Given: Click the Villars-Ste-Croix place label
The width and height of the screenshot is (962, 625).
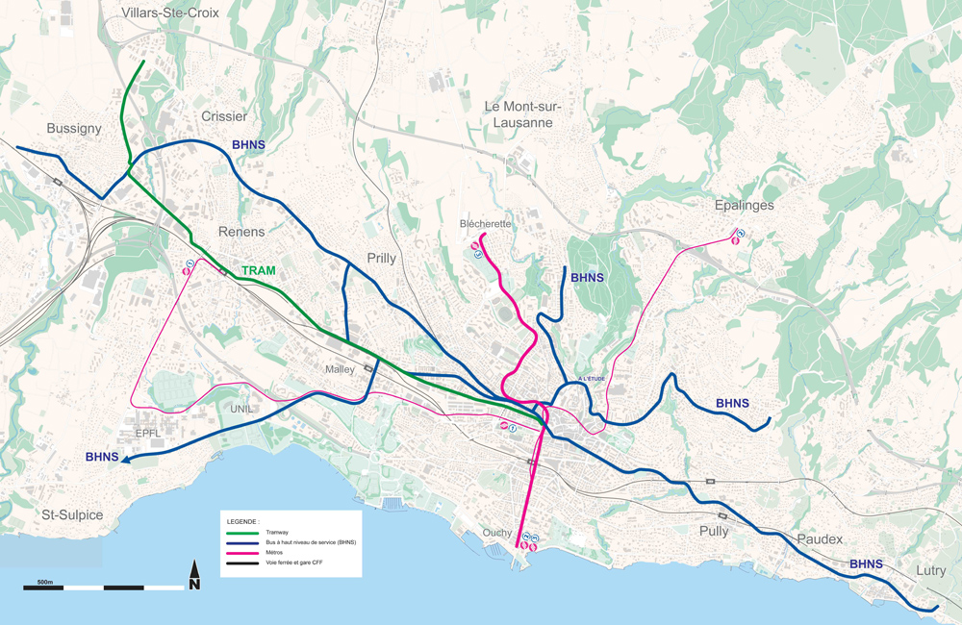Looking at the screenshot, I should [x=171, y=13].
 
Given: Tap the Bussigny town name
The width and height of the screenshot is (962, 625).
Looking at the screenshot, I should [x=74, y=128].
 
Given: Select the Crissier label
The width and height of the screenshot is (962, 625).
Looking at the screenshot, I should [x=224, y=116].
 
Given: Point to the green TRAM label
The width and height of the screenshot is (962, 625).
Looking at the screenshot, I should [x=258, y=271].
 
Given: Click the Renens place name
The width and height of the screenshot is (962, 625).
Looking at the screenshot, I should [x=241, y=232].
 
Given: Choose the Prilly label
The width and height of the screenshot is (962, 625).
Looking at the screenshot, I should [x=381, y=258].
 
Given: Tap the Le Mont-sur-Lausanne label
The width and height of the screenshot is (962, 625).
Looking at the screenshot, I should [x=522, y=114].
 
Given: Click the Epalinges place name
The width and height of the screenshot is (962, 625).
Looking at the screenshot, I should [x=744, y=206].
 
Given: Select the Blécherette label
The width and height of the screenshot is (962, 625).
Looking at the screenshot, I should [x=485, y=224].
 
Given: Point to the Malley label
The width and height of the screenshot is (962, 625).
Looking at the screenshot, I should [x=339, y=369].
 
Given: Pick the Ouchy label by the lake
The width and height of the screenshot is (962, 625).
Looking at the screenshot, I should [x=497, y=533].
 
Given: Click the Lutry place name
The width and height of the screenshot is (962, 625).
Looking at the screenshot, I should [x=930, y=570].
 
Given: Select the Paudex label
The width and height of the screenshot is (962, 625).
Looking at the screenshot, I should [x=819, y=539].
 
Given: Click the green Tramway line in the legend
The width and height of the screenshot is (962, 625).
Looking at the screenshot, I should [x=242, y=532].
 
